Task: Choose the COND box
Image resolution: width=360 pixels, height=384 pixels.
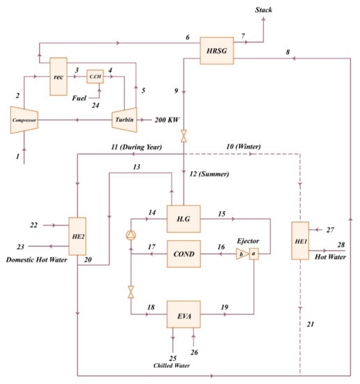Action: [183, 253]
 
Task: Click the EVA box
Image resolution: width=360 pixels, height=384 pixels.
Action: [183, 315]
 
